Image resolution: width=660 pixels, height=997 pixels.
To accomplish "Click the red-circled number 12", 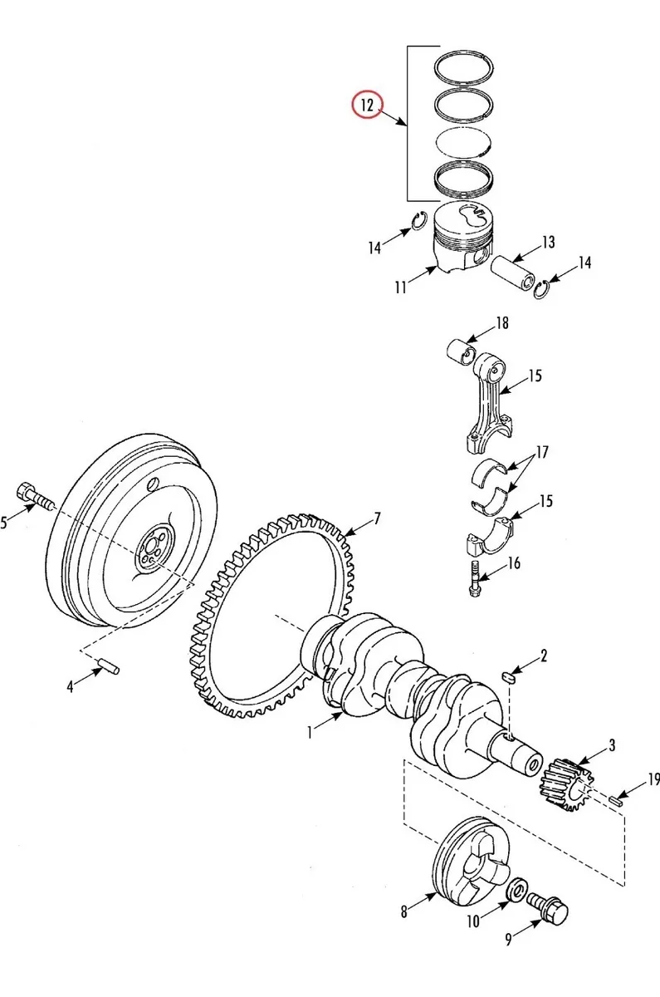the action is point(367,106).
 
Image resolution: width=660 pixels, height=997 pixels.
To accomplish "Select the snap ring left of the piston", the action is point(418,221).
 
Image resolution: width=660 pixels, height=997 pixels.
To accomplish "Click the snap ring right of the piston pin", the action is point(542,290).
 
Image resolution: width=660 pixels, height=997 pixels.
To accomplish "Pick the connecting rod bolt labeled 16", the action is point(475,578).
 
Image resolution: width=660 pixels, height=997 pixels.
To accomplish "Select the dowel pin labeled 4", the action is point(108,665).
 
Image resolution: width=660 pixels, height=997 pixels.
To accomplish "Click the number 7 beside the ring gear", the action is point(377,518).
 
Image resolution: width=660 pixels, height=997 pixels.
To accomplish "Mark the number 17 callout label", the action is point(542,452).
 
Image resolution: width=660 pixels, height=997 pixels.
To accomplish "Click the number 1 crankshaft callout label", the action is point(310,732).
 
